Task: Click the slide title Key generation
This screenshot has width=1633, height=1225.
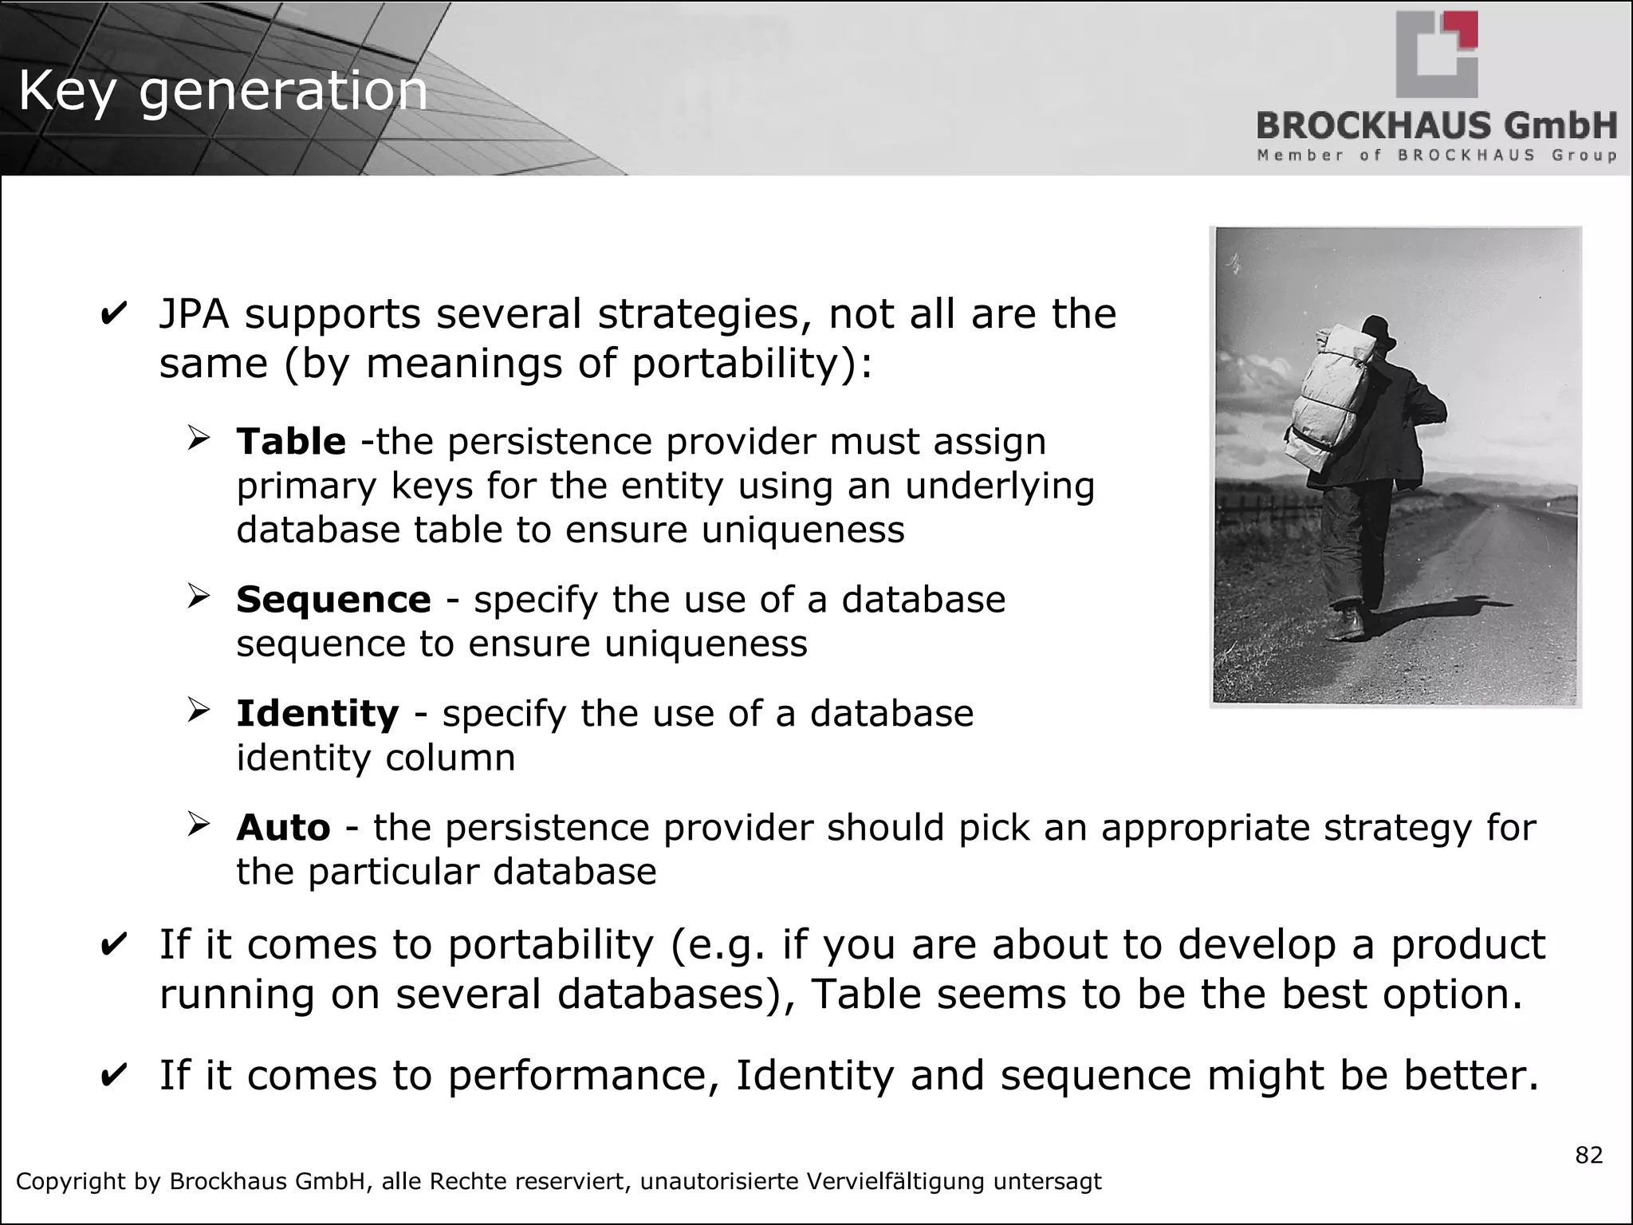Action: tap(222, 92)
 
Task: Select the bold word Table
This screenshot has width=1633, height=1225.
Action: tap(291, 441)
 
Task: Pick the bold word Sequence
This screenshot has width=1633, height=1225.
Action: tap(333, 599)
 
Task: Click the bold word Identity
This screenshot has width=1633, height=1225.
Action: tap(317, 713)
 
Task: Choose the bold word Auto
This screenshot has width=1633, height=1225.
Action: tap(283, 827)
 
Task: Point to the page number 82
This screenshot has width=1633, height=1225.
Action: tap(1588, 1155)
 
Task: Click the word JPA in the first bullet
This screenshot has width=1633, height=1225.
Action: tap(194, 313)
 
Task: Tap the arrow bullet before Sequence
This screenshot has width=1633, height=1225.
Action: tap(199, 596)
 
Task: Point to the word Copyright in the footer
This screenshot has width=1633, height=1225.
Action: tap(73, 1181)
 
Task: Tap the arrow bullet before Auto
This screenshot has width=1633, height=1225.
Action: tap(199, 824)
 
